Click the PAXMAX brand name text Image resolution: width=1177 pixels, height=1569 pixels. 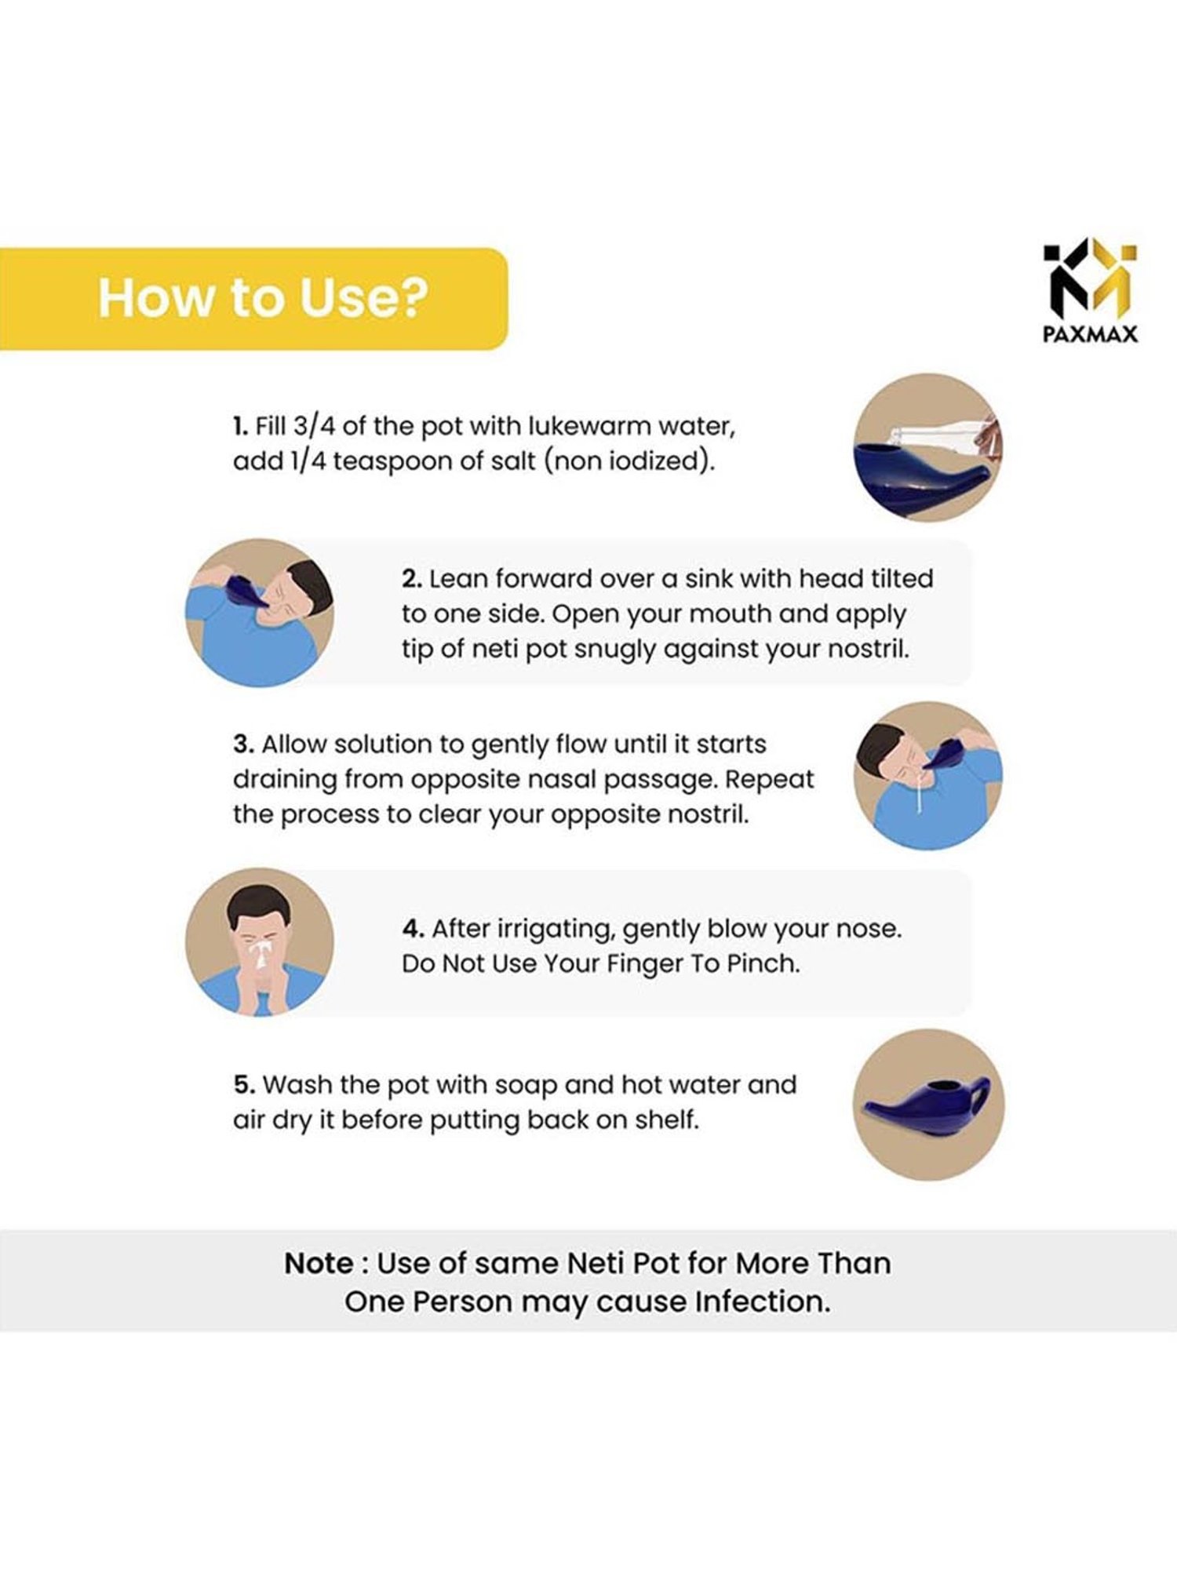click(1090, 334)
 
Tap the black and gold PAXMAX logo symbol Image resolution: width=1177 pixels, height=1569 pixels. click(1090, 278)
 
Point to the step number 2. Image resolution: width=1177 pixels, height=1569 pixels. click(412, 579)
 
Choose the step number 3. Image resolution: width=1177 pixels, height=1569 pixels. click(243, 744)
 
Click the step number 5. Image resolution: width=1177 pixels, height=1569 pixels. click(244, 1085)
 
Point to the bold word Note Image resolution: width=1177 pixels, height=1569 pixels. click(319, 1264)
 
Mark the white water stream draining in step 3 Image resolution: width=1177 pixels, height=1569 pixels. click(917, 792)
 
